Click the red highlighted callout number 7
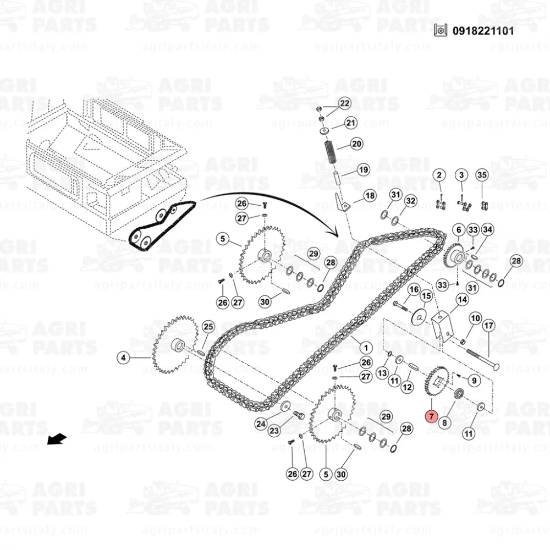pyautogui.click(x=431, y=416)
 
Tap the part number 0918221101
pyautogui.click(x=483, y=31)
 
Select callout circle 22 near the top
pyautogui.click(x=344, y=103)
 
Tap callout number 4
pyautogui.click(x=123, y=358)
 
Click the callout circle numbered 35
pyautogui.click(x=482, y=175)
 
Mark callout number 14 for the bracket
pyautogui.click(x=462, y=300)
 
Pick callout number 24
pyautogui.click(x=261, y=424)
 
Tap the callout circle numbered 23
pyautogui.click(x=274, y=431)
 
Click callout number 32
pyautogui.click(x=411, y=201)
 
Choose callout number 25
pyautogui.click(x=208, y=327)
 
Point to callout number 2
pyautogui.click(x=439, y=175)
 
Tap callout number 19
pyautogui.click(x=363, y=169)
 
